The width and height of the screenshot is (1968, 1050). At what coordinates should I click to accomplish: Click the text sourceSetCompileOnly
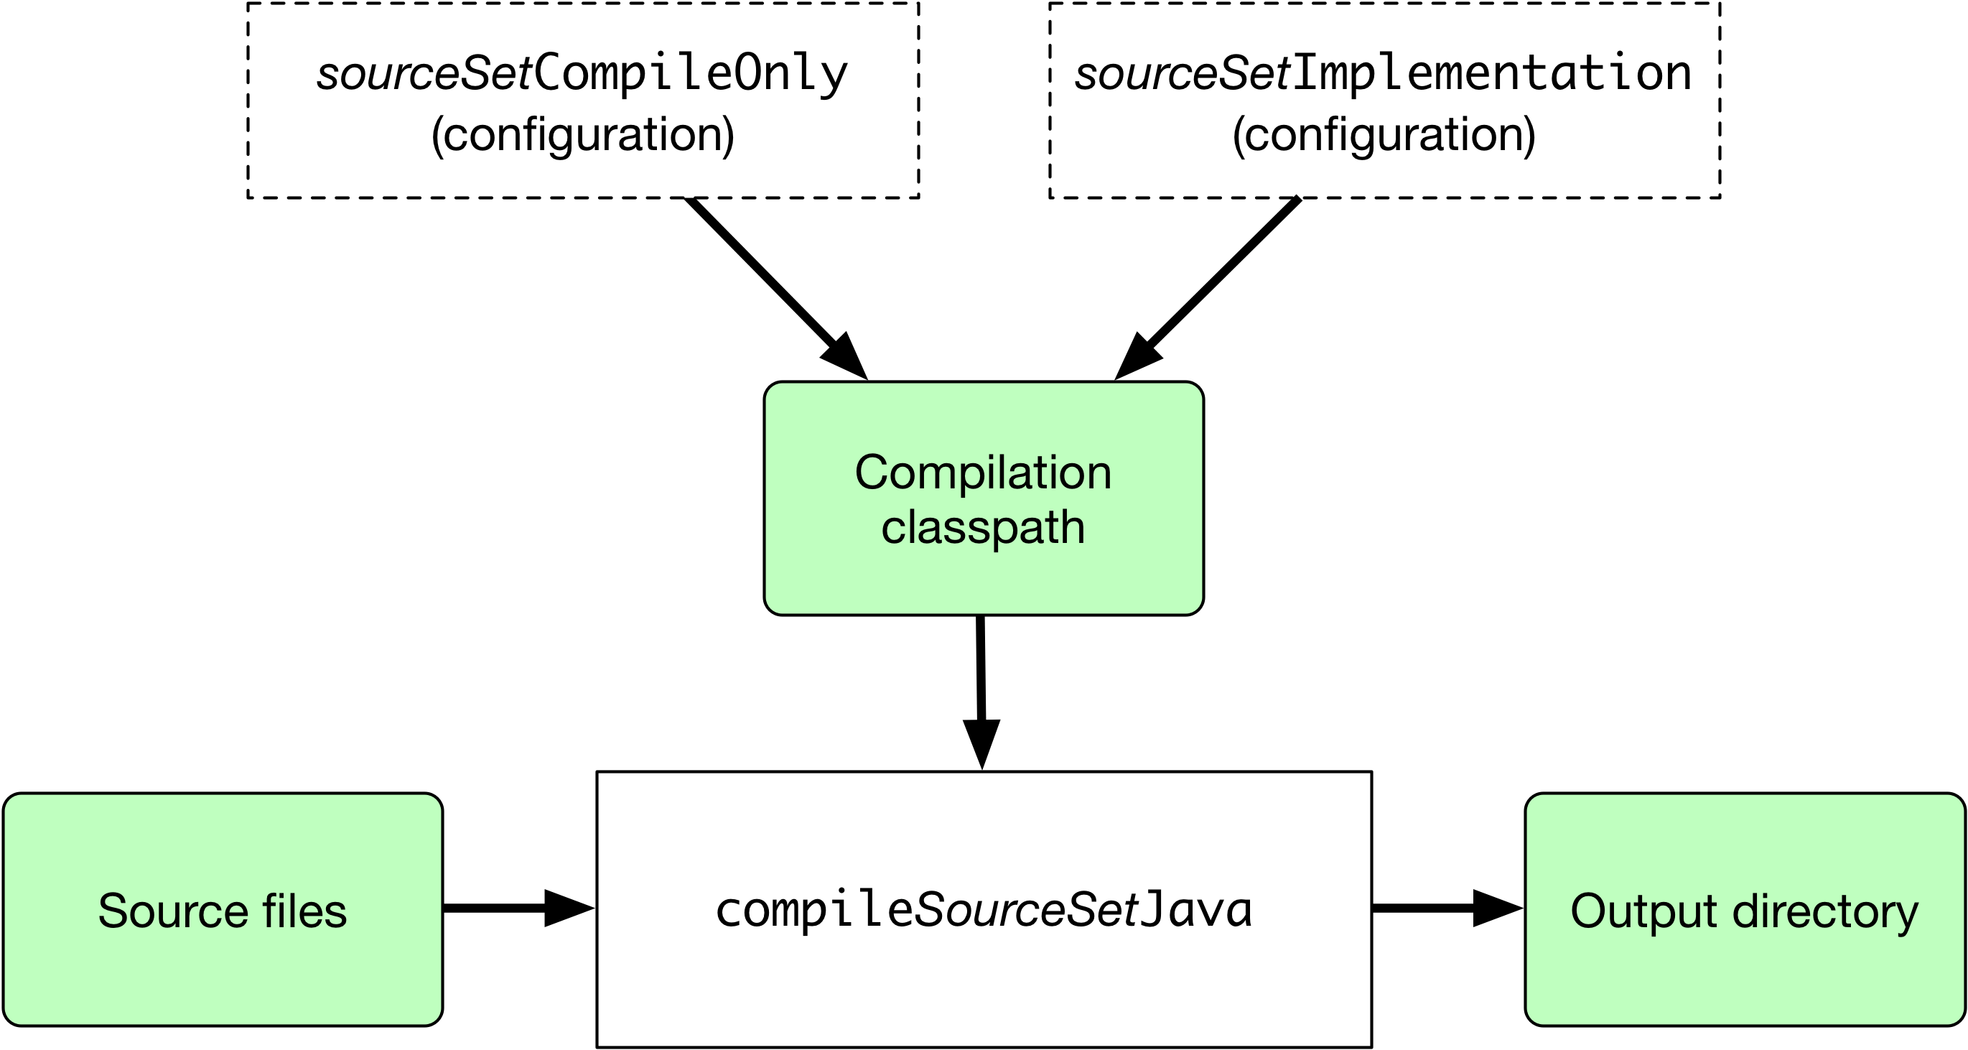[582, 75]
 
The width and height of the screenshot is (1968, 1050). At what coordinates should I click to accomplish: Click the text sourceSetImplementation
[1383, 75]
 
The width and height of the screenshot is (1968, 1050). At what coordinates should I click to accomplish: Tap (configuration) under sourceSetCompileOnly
[582, 135]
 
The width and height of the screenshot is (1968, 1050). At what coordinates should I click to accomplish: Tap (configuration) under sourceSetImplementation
[1384, 135]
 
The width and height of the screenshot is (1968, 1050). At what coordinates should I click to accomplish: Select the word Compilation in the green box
[982, 473]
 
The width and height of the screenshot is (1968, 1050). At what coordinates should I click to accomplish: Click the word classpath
[982, 527]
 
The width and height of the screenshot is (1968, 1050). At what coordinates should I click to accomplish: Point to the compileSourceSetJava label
[984, 909]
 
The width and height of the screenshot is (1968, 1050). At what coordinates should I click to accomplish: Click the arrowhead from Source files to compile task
[567, 908]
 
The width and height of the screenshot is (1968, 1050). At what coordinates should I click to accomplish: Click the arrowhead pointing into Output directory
[1496, 908]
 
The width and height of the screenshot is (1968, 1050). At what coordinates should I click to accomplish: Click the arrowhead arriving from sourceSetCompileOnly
[847, 357]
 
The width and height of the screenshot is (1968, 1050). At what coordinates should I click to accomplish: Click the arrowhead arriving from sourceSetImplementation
[1137, 357]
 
